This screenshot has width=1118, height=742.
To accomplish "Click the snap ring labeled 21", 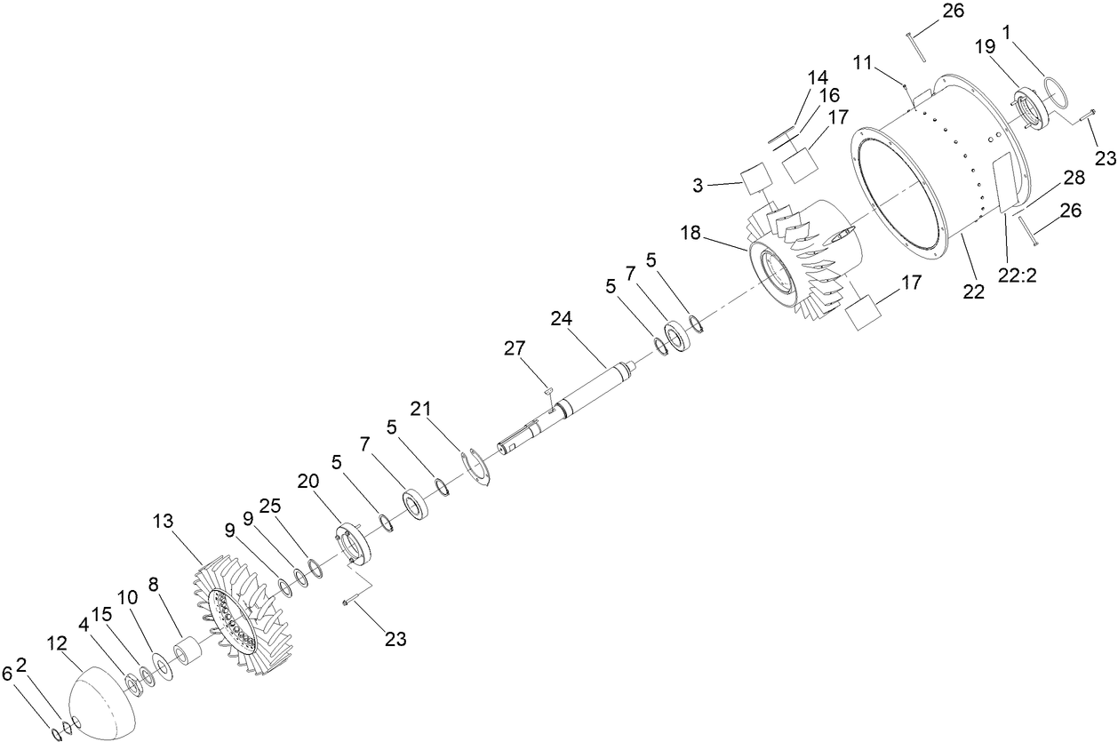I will tap(479, 467).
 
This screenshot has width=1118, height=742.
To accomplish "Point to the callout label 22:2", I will tap(1019, 276).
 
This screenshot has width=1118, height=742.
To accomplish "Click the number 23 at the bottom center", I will tap(395, 638).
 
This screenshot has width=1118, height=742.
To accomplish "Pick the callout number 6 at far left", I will tap(7, 674).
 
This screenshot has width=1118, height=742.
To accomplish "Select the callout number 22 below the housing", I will tap(975, 291).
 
